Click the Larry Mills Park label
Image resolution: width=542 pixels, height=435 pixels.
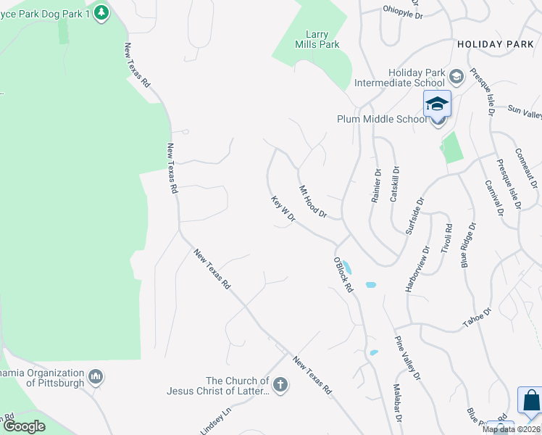tap(322, 39)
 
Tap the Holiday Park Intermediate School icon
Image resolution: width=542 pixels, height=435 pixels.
tap(457, 75)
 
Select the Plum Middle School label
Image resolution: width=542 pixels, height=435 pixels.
tap(382, 120)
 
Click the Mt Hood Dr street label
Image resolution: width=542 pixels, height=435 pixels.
tap(314, 202)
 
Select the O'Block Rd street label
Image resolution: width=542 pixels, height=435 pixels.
tap(343, 275)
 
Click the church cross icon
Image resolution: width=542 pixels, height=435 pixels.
tap(280, 385)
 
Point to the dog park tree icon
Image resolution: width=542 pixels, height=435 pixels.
tap(102, 12)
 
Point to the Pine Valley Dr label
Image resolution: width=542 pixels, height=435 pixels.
tap(407, 357)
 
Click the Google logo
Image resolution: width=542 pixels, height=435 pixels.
tap(24, 426)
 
